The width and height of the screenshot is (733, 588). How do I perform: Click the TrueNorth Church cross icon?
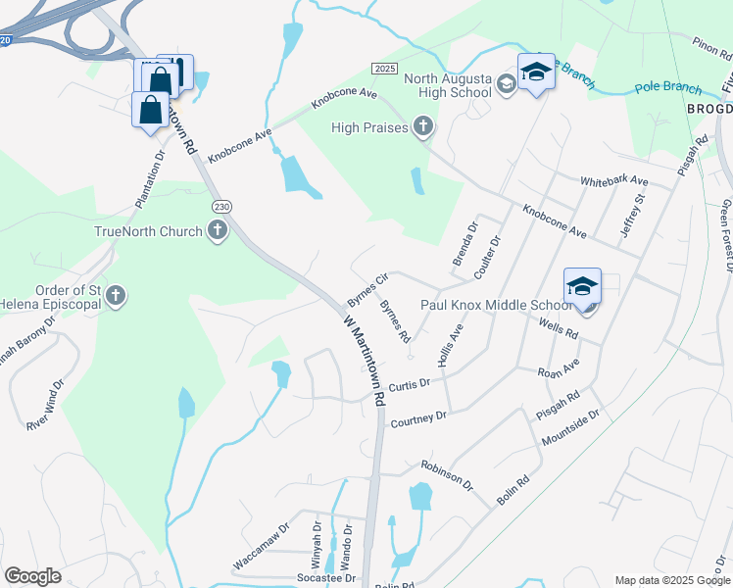(x=218, y=231)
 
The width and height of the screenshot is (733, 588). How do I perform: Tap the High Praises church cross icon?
(x=422, y=125)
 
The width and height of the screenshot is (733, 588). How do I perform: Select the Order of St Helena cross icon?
(x=116, y=295)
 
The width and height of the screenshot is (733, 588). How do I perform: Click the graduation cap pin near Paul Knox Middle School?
(x=582, y=288)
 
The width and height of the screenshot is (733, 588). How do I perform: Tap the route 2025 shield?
(x=384, y=67)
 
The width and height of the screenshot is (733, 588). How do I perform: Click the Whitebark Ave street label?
(x=614, y=181)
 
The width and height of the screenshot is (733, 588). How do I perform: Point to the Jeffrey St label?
(x=633, y=213)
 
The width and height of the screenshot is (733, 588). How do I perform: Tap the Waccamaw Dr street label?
(x=262, y=548)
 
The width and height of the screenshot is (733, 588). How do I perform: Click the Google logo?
(x=32, y=575)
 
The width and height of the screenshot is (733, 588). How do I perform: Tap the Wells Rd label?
(x=558, y=330)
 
